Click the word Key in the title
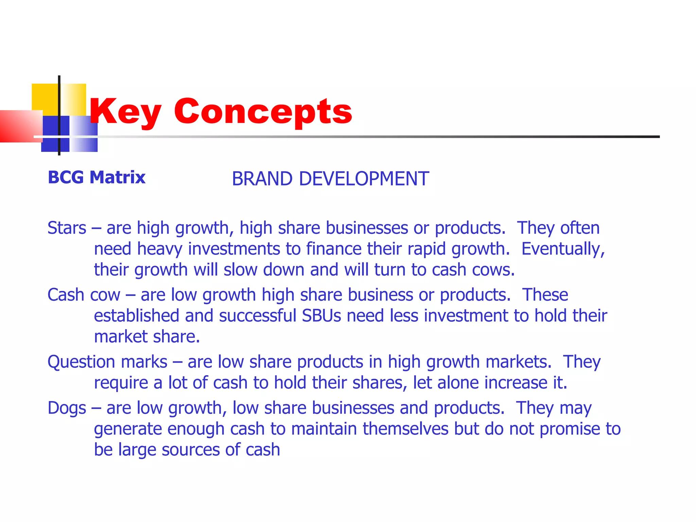tap(125, 111)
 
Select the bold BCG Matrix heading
tap(97, 177)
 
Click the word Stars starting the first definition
tap(67, 228)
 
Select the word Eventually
tap(563, 249)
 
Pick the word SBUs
tap(321, 316)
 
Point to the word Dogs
tap(67, 408)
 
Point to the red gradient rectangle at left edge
tap(19, 126)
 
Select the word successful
tap(258, 316)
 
